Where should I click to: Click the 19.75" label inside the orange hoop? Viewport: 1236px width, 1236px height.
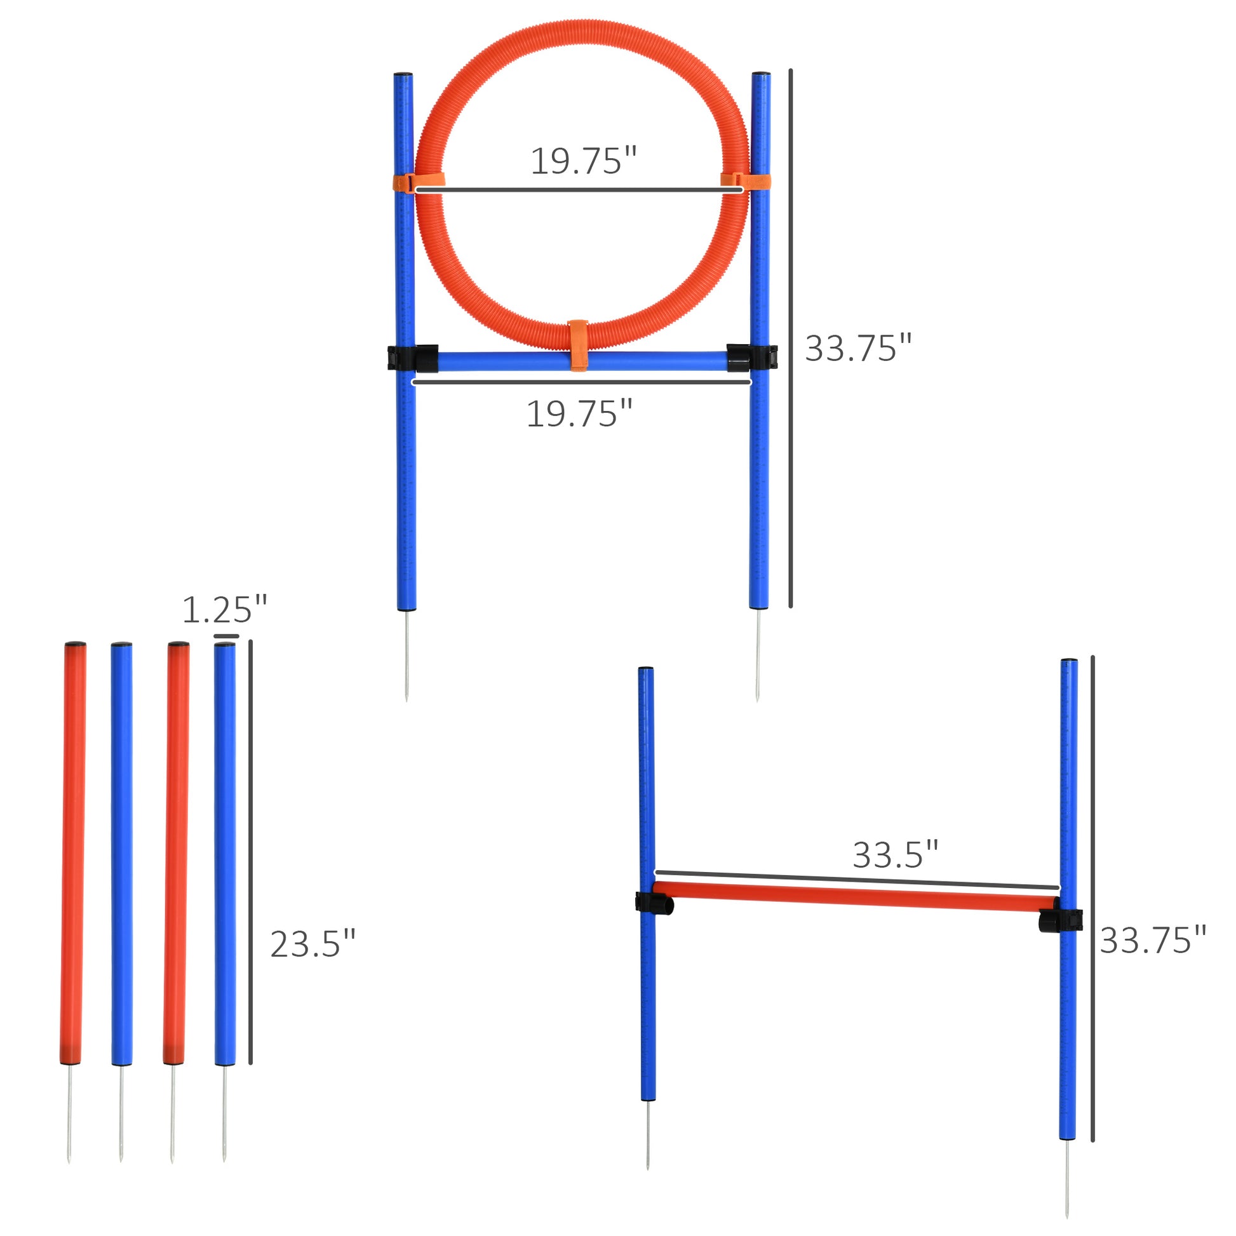point(584,161)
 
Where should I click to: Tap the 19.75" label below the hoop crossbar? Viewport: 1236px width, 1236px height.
point(579,414)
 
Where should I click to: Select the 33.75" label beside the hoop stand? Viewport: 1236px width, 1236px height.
point(857,348)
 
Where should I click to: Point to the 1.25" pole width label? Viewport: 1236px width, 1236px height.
point(224,610)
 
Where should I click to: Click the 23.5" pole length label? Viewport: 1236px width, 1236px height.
point(312,944)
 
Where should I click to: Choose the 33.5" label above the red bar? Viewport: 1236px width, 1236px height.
point(895,855)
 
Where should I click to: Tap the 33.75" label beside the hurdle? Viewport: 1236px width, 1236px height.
point(1152,941)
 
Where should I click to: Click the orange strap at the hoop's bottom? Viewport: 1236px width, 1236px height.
point(579,345)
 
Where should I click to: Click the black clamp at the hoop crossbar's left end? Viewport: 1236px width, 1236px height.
point(413,358)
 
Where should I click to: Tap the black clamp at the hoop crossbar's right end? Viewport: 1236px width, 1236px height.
point(752,358)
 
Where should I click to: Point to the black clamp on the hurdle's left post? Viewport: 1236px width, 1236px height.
point(654,903)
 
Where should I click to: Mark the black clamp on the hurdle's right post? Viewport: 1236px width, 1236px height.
point(1060,920)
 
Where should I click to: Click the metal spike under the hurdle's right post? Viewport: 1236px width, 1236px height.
point(1066,1183)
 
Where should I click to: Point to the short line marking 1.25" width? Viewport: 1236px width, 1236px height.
point(226,636)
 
